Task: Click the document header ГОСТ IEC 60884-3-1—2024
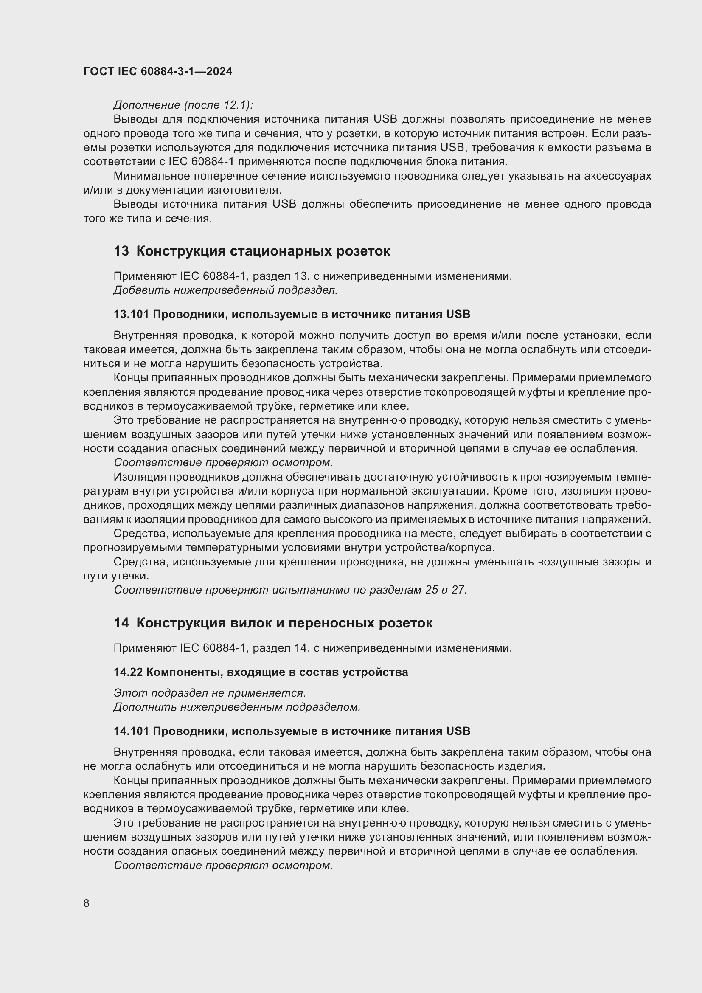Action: point(158,71)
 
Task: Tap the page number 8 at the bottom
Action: point(87,903)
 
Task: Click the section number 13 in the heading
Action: point(121,251)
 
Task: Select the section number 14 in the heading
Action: point(121,623)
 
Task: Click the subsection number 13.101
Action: point(131,315)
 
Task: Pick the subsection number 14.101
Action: point(131,731)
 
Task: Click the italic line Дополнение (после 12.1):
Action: point(183,105)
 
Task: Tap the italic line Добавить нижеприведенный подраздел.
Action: point(225,290)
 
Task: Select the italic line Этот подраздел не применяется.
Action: point(210,693)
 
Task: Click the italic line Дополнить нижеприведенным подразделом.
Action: point(237,708)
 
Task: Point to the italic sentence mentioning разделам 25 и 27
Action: point(290,590)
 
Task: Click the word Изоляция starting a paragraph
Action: point(138,477)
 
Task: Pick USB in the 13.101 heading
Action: point(458,315)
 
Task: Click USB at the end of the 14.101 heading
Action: point(458,731)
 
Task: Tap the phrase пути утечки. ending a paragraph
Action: point(116,576)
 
